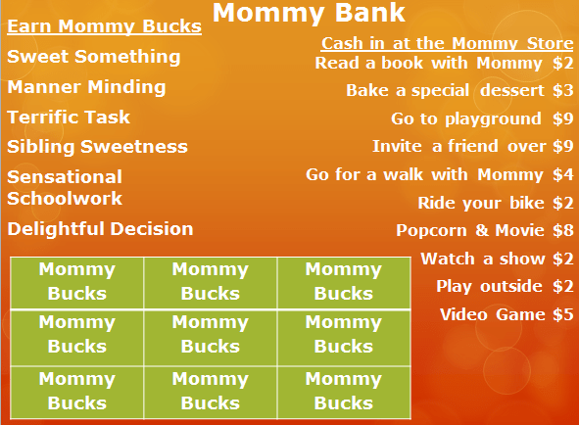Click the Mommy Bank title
click(309, 14)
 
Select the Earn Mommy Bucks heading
click(104, 25)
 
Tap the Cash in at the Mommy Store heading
click(448, 44)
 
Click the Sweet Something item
click(94, 57)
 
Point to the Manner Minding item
click(86, 87)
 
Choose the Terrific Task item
click(69, 118)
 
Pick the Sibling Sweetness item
click(97, 147)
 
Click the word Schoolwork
click(65, 199)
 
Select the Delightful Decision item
click(100, 229)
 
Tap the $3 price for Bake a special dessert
click(562, 91)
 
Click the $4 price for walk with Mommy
click(562, 175)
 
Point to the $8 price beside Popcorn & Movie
click(562, 231)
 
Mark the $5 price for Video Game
click(562, 315)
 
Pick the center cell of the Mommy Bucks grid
click(211, 334)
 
